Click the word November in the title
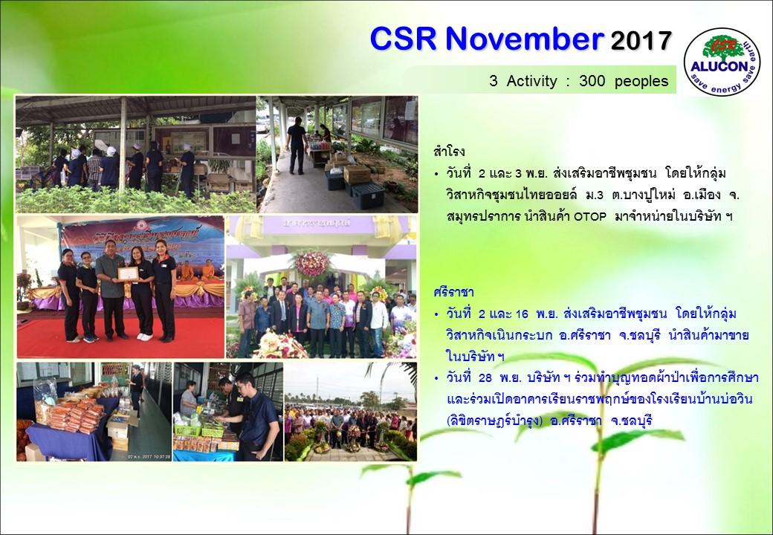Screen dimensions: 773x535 pos(525,39)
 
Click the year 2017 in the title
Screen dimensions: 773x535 pos(641,40)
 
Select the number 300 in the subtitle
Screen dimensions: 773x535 pos(592,81)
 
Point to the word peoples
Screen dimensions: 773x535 pos(641,82)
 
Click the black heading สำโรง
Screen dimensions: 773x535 pos(449,152)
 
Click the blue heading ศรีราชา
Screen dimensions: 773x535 pos(453,291)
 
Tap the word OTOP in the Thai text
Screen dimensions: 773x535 pos(590,217)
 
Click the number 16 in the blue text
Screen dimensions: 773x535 pos(522,314)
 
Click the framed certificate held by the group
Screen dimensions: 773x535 pos(128,274)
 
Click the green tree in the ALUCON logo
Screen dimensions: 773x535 pos(723,48)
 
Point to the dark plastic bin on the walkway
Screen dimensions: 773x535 pos(368,195)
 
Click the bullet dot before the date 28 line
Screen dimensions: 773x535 pos(436,378)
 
